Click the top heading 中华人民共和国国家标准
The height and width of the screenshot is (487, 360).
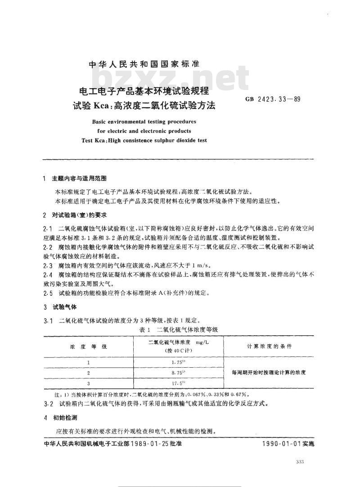[144, 64]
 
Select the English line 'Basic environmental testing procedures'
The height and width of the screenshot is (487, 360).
[144, 122]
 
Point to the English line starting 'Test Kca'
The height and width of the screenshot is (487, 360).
[144, 140]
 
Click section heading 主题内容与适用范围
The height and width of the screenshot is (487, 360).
[78, 179]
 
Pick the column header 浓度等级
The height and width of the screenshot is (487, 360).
[88, 346]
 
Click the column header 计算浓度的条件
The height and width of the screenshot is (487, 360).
[269, 346]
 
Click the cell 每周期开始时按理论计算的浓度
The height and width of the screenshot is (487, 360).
[269, 373]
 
